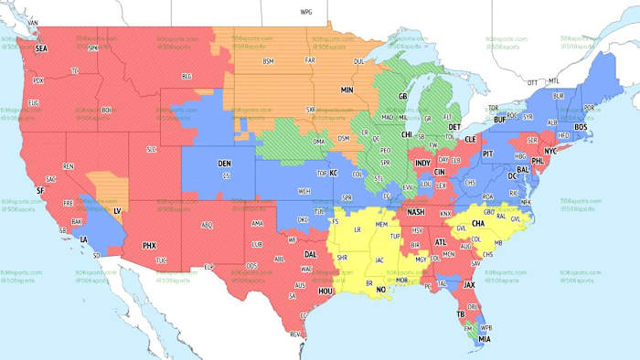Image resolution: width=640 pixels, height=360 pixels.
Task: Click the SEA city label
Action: tap(41, 48)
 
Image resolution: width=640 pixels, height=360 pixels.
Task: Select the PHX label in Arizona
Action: tap(150, 245)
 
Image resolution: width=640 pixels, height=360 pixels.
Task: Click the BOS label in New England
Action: tap(579, 126)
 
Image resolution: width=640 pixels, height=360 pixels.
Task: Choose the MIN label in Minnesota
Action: tap(347, 90)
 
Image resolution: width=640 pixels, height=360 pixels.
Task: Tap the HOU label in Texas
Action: tap(326, 290)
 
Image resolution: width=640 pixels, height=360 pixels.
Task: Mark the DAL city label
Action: tap(312, 254)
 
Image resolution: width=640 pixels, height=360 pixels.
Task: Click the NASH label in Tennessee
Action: tap(416, 212)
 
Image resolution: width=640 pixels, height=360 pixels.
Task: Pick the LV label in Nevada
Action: tap(117, 210)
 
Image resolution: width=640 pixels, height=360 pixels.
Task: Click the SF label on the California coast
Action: tap(40, 189)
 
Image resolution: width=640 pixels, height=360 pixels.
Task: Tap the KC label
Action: tap(334, 173)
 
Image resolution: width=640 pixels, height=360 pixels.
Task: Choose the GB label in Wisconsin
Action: tap(402, 96)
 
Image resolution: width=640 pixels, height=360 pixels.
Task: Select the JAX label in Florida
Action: tap(470, 284)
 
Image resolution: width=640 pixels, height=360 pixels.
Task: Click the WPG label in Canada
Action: tap(306, 12)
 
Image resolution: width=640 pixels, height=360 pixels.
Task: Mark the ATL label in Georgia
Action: tap(441, 241)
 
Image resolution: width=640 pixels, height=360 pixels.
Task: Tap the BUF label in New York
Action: tap(499, 120)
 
